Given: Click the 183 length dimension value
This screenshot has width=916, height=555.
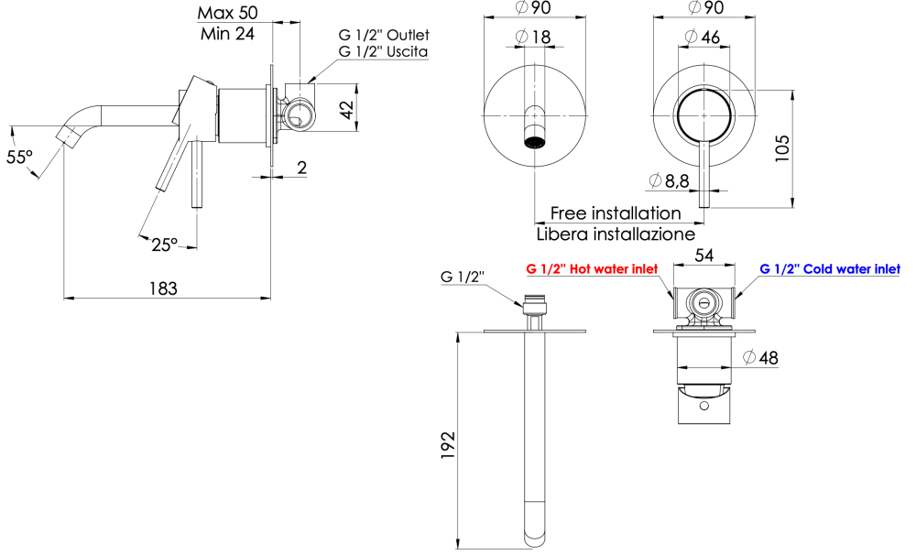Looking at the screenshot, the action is pos(163,288).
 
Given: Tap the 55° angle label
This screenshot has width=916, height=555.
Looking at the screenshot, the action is pos(19,157).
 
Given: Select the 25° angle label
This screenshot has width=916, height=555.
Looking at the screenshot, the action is pos(164,245).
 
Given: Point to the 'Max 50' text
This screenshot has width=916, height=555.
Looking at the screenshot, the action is pos(227,13).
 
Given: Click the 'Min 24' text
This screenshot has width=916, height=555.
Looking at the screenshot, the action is pos(227,34).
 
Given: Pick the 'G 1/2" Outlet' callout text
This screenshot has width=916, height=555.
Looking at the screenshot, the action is pos(384,35).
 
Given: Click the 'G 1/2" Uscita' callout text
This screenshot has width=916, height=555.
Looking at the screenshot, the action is pos(383,51).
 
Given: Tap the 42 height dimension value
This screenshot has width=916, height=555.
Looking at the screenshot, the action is pos(347,110).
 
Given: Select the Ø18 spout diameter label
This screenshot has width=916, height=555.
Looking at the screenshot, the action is pos(533,37).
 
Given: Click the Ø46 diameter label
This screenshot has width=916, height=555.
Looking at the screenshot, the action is pos(703,37).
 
